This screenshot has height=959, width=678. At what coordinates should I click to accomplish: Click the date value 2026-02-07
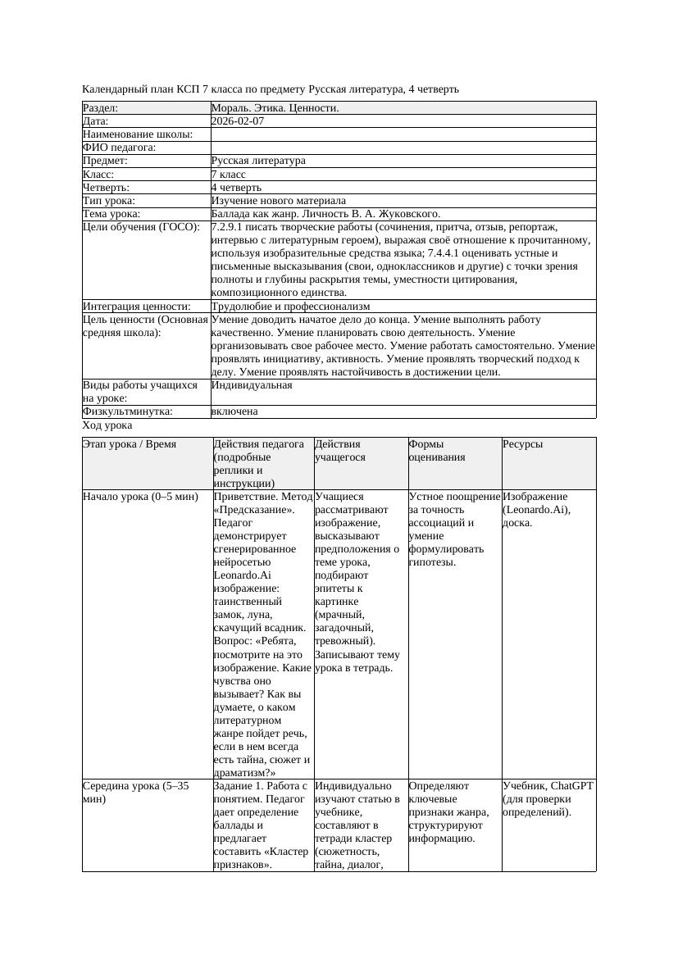coord(237,121)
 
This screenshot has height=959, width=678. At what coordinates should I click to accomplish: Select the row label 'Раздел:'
coord(101,108)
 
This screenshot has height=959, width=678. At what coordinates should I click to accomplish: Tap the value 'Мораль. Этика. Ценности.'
coord(275,108)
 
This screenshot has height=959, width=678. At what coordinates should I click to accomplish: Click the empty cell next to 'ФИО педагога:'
coord(403,148)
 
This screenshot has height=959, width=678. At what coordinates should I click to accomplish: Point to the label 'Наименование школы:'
coord(138,134)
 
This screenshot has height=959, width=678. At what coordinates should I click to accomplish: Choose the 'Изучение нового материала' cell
coord(278,201)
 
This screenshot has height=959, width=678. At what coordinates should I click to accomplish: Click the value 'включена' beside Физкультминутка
coord(234,411)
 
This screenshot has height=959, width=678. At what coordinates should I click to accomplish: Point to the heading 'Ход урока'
coord(107,425)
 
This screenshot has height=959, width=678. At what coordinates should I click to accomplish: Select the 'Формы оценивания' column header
coord(437,451)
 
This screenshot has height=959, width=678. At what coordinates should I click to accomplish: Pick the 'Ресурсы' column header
coord(522,444)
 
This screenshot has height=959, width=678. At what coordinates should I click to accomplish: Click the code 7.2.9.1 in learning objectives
coord(232,227)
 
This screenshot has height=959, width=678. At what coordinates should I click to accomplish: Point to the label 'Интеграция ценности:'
coord(136,307)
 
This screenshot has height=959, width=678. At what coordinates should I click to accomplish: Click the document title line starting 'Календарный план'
coord(271,89)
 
